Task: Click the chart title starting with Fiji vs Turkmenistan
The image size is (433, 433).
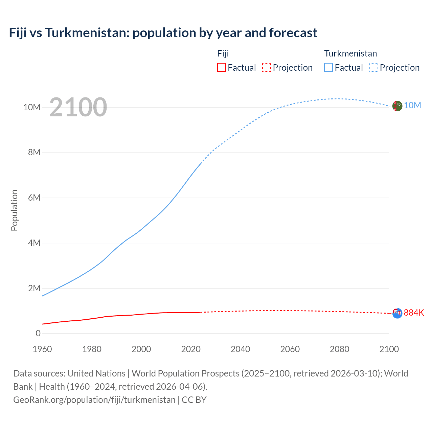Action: [163, 33]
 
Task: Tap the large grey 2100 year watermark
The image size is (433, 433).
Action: [78, 107]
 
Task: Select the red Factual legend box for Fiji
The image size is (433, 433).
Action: [221, 67]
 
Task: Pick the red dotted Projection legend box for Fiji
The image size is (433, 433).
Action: [267, 67]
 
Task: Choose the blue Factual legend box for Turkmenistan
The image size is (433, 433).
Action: [328, 67]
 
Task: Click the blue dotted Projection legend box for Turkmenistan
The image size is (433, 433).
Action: [374, 67]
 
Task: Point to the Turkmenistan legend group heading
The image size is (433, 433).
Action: [350, 53]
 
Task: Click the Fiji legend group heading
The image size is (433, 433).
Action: [223, 53]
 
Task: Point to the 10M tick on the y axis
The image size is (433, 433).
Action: [32, 107]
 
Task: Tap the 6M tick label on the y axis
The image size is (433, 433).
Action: [34, 198]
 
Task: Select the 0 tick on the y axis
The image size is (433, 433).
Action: [38, 333]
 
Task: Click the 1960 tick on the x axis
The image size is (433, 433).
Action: [42, 349]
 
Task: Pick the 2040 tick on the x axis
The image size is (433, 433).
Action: [241, 349]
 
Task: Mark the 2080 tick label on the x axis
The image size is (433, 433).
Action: [340, 349]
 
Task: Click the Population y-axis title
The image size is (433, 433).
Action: [14, 210]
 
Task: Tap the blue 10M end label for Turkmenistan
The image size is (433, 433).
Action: [412, 105]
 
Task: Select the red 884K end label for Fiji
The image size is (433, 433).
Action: [414, 313]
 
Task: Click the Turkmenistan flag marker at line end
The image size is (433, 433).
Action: [397, 106]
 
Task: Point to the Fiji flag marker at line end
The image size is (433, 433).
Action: [397, 313]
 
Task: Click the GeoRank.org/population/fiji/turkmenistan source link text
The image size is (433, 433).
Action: [94, 400]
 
